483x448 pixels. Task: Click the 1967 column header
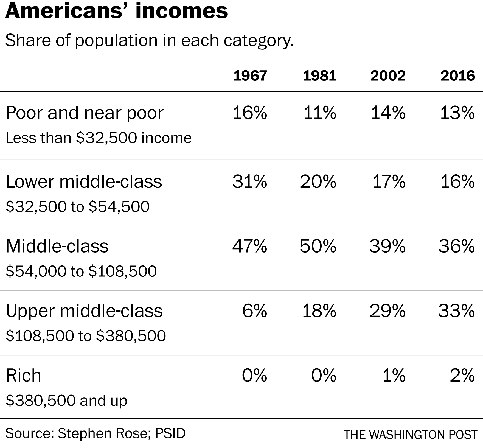[250, 75]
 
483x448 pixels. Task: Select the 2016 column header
[457, 75]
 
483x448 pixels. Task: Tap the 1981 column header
[320, 75]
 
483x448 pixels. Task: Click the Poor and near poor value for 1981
[320, 113]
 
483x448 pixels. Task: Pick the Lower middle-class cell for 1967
[250, 181]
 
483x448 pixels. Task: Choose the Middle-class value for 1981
[318, 246]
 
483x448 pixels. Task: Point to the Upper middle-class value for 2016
[456, 311]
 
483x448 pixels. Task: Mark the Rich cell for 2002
[394, 375]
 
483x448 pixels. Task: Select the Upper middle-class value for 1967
[254, 311]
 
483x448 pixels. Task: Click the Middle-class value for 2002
[387, 246]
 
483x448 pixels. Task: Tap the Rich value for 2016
[462, 375]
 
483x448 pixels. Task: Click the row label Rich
[23, 375]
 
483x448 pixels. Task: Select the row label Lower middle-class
[84, 181]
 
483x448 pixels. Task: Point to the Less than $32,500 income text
[99, 138]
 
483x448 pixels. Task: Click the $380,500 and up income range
[66, 400]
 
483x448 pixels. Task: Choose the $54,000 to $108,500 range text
[81, 271]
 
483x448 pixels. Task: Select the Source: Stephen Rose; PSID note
[96, 433]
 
